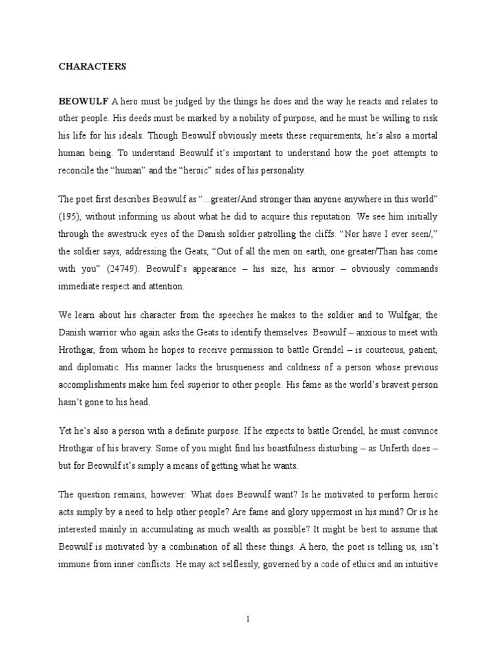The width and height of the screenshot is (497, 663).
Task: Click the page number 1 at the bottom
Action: pos(248,619)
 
